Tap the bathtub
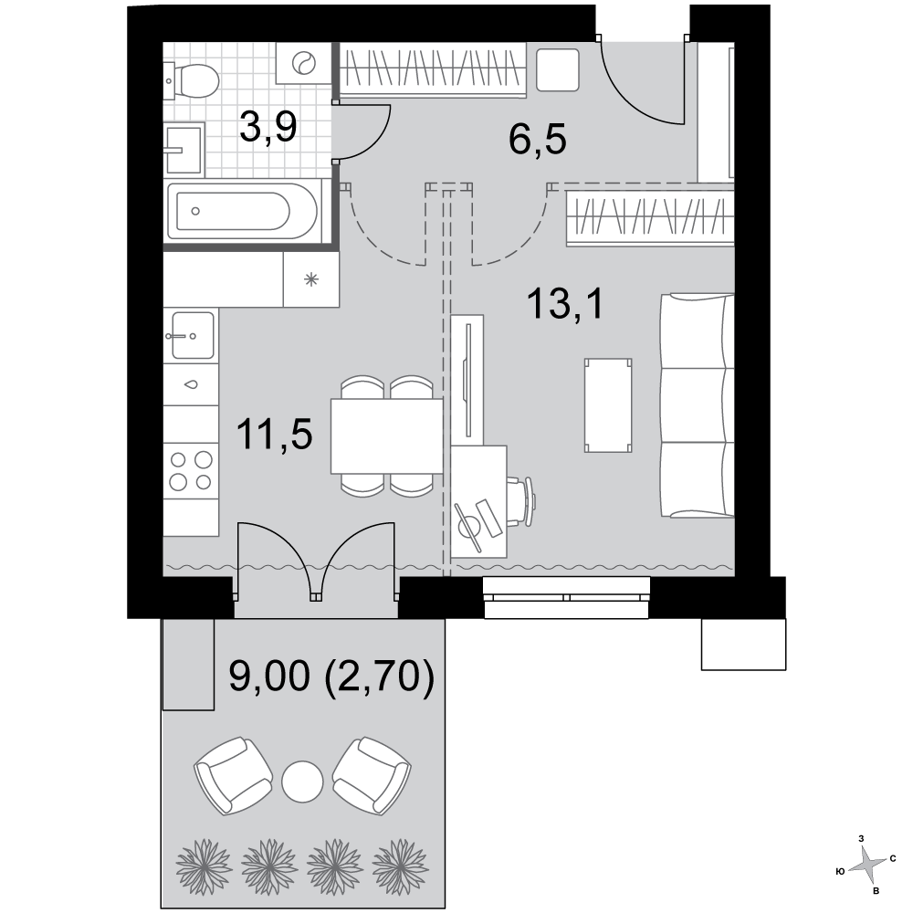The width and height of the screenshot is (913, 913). (244, 212)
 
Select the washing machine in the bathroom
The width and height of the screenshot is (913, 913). (303, 63)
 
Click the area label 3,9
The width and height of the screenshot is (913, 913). (268, 127)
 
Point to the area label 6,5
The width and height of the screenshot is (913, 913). (537, 140)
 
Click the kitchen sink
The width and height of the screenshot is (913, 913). (192, 335)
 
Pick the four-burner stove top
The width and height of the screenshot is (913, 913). (191, 470)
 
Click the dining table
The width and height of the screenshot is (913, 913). (387, 436)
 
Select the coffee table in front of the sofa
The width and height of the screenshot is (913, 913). (608, 405)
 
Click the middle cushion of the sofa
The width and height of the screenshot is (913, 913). (697, 405)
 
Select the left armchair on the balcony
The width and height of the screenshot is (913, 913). (233, 775)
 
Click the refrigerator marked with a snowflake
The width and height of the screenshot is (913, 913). (311, 279)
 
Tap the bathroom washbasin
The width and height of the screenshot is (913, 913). (184, 149)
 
